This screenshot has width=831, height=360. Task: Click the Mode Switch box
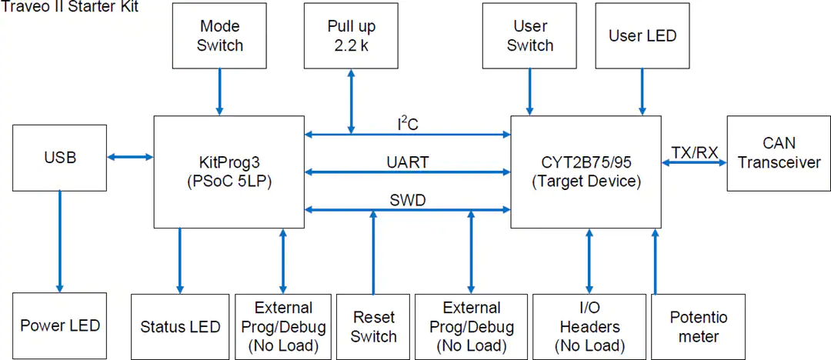pos(219,35)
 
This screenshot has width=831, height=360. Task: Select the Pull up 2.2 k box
pos(352,35)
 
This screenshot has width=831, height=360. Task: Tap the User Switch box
pos(529,35)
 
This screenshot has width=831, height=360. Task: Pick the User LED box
pos(642,35)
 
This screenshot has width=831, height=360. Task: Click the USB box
pos(60,158)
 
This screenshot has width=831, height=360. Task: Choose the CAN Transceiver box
pos(779,153)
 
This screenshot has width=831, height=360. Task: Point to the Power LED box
pos(60,325)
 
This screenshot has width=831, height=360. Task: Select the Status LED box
pos(180,326)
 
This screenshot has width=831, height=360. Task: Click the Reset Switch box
pos(374,326)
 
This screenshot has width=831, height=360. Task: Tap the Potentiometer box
pos(699,326)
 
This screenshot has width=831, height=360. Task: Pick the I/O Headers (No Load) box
pos(589,326)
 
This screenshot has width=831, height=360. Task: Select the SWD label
pos(408,201)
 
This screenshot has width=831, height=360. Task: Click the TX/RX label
pos(695,153)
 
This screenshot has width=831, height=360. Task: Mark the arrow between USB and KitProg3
pos(130,156)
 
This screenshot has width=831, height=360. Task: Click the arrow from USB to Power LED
pos(59,242)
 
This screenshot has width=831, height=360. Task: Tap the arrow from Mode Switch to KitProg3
pos(219,92)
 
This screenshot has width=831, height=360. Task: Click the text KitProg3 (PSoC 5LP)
pos(229,172)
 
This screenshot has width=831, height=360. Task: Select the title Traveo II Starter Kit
pos(71,7)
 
